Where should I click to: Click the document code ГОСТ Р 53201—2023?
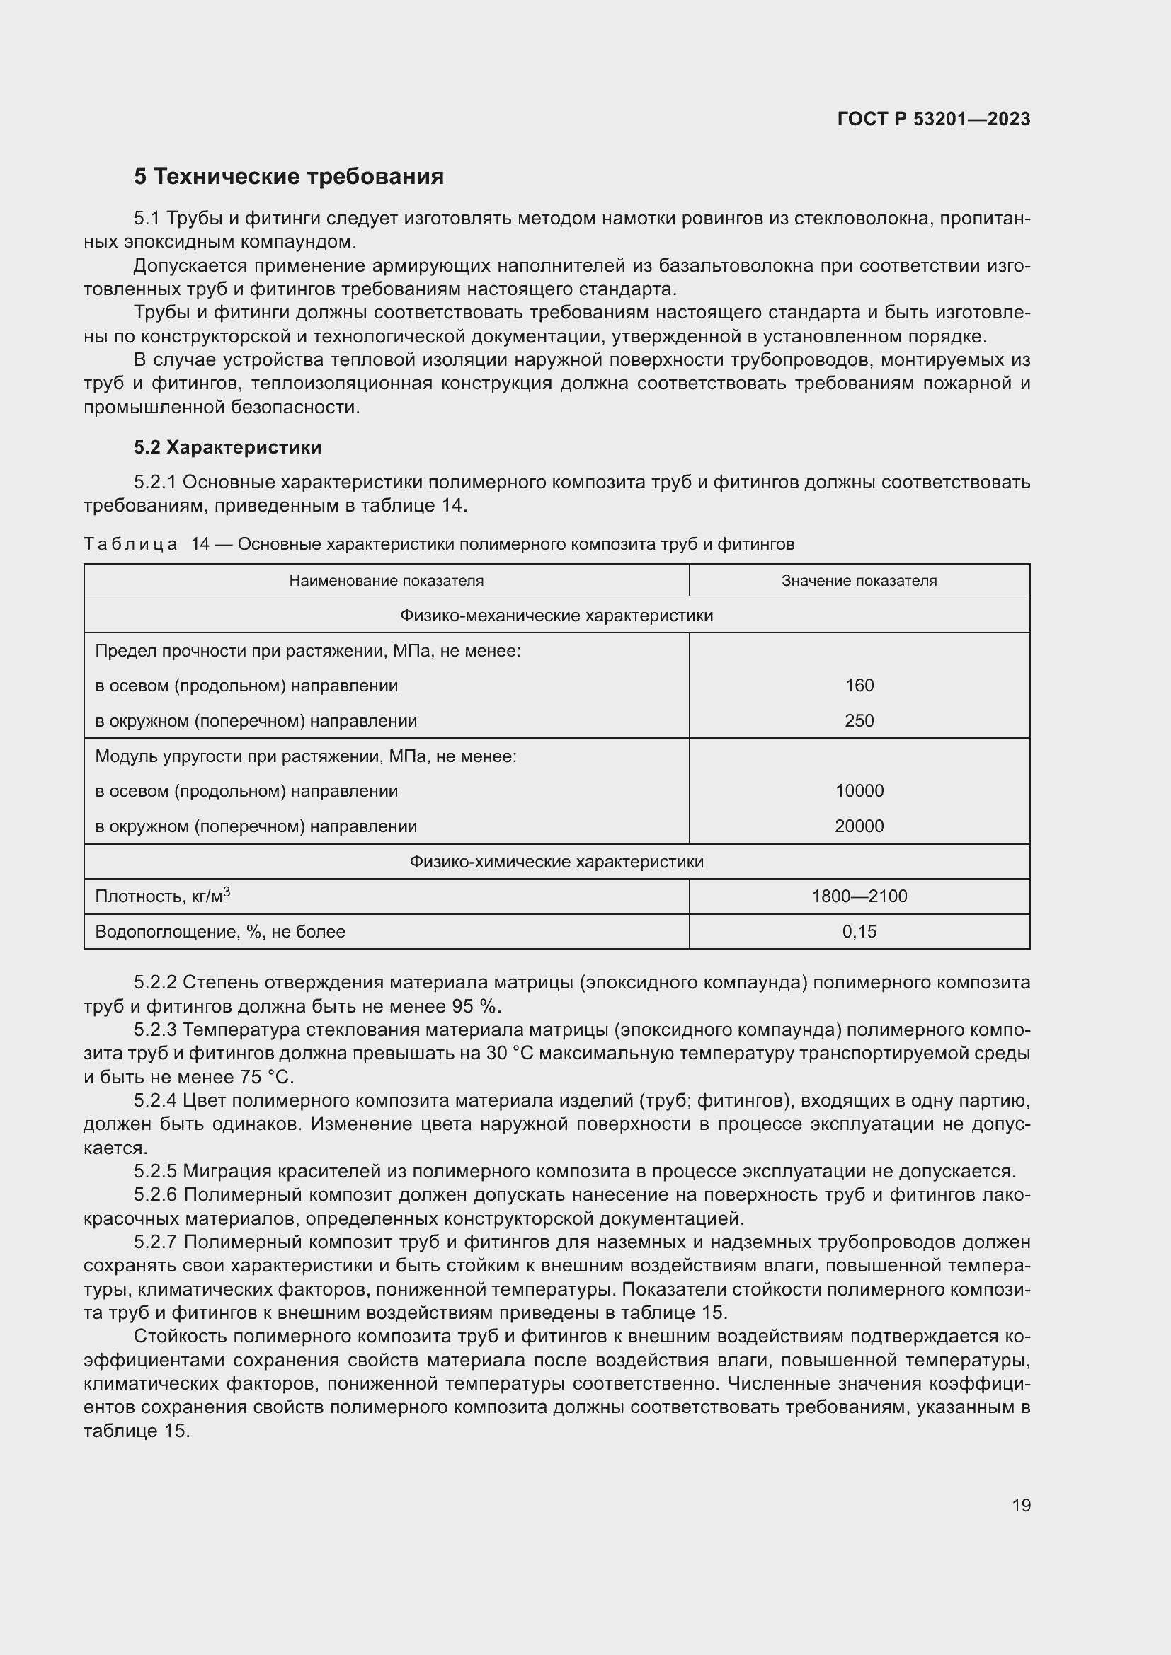(x=934, y=119)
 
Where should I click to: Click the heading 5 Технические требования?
(x=288, y=177)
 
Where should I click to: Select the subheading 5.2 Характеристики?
(x=228, y=448)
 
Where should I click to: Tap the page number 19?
(x=1021, y=1505)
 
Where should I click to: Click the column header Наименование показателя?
(x=386, y=581)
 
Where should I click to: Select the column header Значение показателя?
(x=859, y=581)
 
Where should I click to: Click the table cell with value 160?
(x=859, y=686)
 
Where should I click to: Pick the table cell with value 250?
(x=859, y=721)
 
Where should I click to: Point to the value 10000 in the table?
(x=859, y=791)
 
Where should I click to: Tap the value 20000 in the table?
(x=859, y=826)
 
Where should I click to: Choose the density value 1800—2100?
(x=859, y=896)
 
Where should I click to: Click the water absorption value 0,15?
(x=859, y=932)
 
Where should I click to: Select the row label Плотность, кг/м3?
(x=163, y=896)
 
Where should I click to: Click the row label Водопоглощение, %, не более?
(x=220, y=932)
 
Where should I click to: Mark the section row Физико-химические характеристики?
(x=556, y=862)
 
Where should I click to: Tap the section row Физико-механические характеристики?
(x=556, y=616)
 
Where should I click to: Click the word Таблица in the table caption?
(x=130, y=544)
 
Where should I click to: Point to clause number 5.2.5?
(x=155, y=1171)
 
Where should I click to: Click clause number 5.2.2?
(x=155, y=983)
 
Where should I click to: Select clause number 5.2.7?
(x=155, y=1242)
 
